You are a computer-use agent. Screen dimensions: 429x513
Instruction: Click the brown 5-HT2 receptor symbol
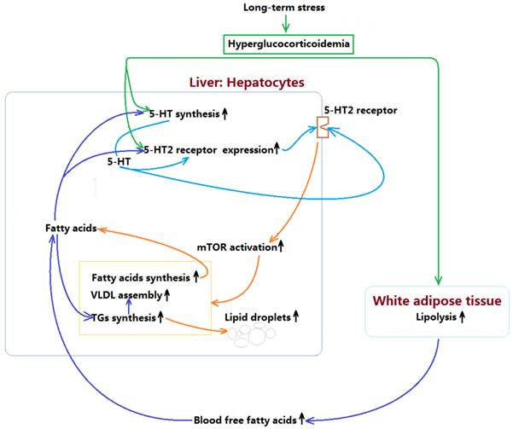tap(323, 129)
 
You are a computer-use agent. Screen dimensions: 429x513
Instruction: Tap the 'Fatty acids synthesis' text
tap(139, 276)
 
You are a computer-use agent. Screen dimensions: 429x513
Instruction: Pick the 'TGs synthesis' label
tap(124, 318)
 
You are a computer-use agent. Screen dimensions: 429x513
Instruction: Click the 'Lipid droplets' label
tap(257, 316)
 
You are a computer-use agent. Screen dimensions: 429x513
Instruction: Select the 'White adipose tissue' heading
tap(438, 300)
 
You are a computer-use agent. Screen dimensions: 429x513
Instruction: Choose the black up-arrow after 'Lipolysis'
tap(462, 317)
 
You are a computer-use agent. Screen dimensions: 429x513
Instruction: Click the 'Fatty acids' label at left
tap(71, 229)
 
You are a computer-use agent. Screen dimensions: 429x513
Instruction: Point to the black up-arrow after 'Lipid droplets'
tap(296, 316)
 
